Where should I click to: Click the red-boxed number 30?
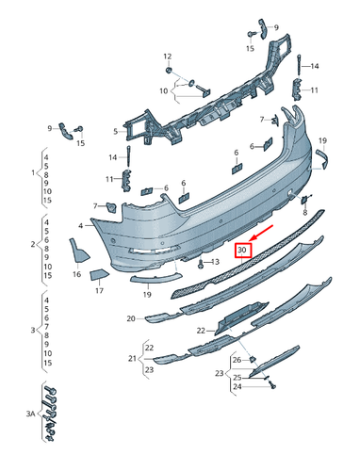tap(243, 251)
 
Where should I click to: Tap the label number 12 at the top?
tap(168, 56)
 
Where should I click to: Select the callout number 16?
tap(76, 274)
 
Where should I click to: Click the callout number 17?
tap(99, 291)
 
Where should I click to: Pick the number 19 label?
tap(147, 295)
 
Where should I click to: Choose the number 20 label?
tap(131, 319)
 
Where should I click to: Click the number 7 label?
tap(94, 205)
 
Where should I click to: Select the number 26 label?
tap(238, 360)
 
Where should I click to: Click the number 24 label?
tap(237, 386)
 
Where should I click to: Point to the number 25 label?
tap(237, 377)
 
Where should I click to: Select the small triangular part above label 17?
tap(99, 274)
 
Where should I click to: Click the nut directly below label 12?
tap(168, 71)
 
